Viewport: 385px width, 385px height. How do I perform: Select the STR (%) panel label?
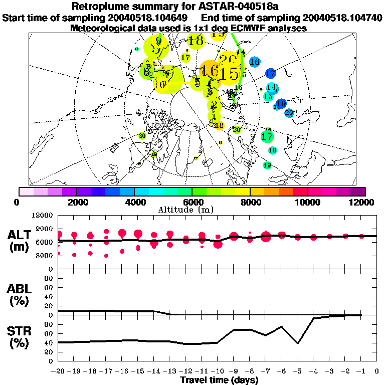point(20,336)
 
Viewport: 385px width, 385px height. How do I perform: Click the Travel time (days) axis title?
point(219,380)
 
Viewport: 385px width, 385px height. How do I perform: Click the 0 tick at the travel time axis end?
point(377,371)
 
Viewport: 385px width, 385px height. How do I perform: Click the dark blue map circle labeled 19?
point(281,104)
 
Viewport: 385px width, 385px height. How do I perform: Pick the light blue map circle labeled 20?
point(289,113)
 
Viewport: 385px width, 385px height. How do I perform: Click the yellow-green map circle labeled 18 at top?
point(196,41)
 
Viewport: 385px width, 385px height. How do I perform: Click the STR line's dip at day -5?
point(298,343)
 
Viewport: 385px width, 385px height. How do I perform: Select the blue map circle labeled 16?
point(254,62)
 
